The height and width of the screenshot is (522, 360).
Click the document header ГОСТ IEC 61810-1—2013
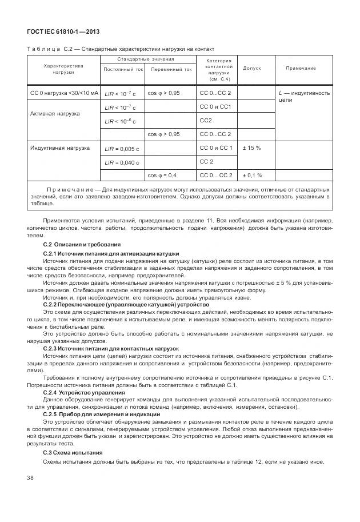pyautogui.click(x=56, y=32)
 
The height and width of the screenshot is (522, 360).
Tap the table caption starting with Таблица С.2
pyautogui.click(x=121, y=49)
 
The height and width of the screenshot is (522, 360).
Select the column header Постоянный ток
pyautogui.click(x=123, y=69)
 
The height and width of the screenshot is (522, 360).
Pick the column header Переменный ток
pyautogui.click(x=171, y=69)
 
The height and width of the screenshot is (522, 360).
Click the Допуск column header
pyautogui.click(x=252, y=68)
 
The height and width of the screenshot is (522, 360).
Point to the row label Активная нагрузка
pyautogui.click(x=55, y=114)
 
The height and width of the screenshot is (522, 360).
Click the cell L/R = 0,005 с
pyautogui.click(x=122, y=149)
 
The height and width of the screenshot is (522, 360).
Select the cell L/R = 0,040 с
pyautogui.click(x=122, y=162)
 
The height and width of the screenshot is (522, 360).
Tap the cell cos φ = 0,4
pyautogui.click(x=162, y=176)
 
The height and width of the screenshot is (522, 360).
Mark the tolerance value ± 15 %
pyautogui.click(x=251, y=148)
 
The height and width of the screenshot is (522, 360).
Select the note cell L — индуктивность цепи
pyautogui.click(x=304, y=95)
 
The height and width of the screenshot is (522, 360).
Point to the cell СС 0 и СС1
pyautogui.click(x=215, y=107)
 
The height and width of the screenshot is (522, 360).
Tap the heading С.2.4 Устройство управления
pyautogui.click(x=84, y=393)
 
